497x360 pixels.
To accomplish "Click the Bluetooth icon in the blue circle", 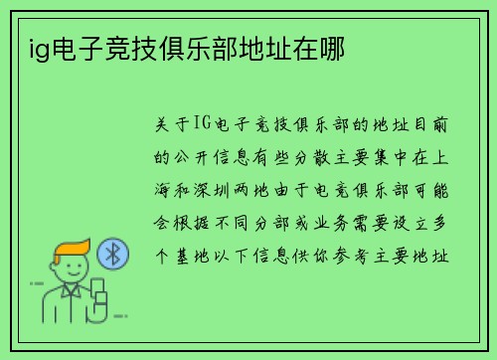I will [112, 255].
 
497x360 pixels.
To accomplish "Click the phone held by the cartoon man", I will [99, 292].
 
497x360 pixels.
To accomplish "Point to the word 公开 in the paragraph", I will [199, 156].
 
